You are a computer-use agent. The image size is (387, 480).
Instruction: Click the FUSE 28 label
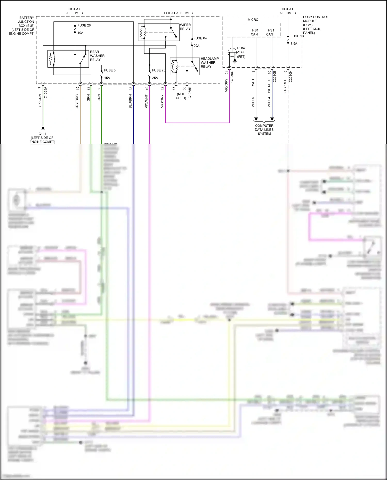pos(84,25)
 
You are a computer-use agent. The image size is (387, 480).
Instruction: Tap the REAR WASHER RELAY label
pos(97,56)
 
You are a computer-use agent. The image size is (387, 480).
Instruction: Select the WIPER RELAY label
pos(185,27)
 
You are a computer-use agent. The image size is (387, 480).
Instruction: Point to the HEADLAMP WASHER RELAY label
pos(209,63)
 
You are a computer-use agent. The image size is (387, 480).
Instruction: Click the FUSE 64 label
pos(200,38)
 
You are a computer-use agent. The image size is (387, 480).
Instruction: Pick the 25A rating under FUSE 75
pos(155,78)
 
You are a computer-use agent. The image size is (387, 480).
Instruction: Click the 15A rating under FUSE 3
pos(107,78)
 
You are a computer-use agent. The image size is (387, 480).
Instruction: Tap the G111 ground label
pos(42,134)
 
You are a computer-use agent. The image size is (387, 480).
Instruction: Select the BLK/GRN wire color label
pos(40,101)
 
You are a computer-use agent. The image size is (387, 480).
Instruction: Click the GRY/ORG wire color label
pos(77,102)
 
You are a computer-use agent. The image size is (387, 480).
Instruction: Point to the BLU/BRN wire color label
pos(130,101)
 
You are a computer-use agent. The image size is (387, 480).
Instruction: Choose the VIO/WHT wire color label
pos(146,101)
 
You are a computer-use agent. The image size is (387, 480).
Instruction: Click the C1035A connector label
pos(46,93)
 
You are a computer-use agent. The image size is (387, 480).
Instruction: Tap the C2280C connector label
pos(232,77)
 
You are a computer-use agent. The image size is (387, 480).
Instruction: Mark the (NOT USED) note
pos(181,96)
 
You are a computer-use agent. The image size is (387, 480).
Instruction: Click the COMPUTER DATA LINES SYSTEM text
pos(264,129)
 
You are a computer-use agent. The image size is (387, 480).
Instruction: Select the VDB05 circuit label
pos(253,102)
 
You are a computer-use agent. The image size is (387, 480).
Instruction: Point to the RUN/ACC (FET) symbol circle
pos(232,53)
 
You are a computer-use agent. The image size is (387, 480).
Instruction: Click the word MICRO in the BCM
pos(253,20)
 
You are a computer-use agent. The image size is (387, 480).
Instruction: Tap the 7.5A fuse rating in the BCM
pos(294,44)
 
